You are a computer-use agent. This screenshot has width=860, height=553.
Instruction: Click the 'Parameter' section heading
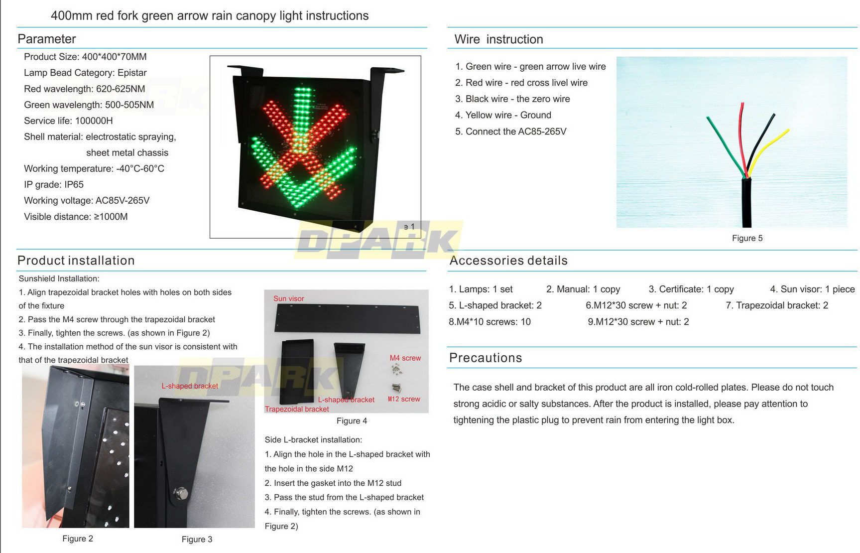(47, 39)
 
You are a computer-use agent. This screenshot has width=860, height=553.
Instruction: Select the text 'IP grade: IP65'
(54, 184)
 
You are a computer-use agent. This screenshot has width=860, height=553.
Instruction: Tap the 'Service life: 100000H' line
(68, 121)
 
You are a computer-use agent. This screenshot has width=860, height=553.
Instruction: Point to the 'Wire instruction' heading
(498, 39)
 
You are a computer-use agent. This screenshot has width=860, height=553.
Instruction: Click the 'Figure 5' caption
(747, 238)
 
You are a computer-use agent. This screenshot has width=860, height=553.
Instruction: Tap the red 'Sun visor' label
(288, 298)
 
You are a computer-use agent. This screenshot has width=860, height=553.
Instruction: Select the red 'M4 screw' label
(405, 358)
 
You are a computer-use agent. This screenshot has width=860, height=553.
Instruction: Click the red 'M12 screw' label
(403, 399)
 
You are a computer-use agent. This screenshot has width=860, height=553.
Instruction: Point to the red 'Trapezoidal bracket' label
(297, 409)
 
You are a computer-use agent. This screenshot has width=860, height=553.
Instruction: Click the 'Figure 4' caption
(352, 421)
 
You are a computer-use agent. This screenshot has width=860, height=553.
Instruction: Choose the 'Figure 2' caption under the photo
(78, 539)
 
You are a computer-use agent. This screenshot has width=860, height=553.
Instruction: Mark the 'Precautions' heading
(486, 358)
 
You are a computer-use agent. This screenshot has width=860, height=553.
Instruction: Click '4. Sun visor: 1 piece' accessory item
(812, 289)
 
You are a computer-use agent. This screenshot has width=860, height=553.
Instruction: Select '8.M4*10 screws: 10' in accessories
(490, 322)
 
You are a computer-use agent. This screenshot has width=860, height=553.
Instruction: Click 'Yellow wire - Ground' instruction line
(503, 115)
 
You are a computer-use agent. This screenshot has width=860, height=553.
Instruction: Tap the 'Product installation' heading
(76, 261)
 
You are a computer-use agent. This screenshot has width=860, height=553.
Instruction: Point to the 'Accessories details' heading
(508, 261)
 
